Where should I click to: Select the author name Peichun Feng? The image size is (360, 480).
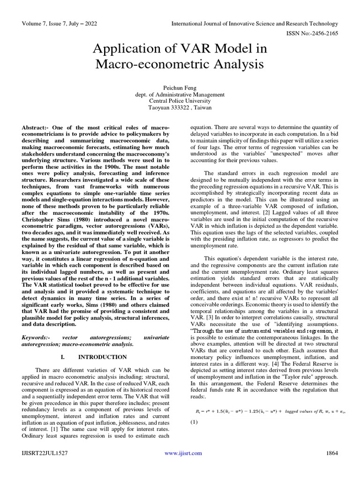click(180, 88)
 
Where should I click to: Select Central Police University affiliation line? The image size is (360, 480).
click(180, 101)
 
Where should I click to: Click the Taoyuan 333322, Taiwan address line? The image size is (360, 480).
click(180, 107)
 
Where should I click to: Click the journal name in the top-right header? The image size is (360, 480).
click(255, 23)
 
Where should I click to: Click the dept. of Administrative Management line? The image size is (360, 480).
click(180, 94)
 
